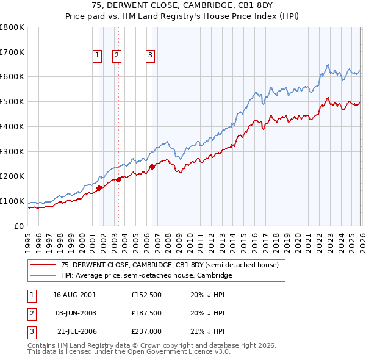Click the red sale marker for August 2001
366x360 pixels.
pyautogui.click(x=99, y=188)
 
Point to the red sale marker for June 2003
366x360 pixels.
pyautogui.click(x=118, y=179)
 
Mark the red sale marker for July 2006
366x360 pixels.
pyautogui.click(x=152, y=167)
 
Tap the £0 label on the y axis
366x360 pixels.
pyautogui.click(x=20, y=226)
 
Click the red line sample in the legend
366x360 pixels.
pyautogui.click(x=43, y=265)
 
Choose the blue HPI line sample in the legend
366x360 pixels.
pyautogui.click(x=43, y=276)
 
